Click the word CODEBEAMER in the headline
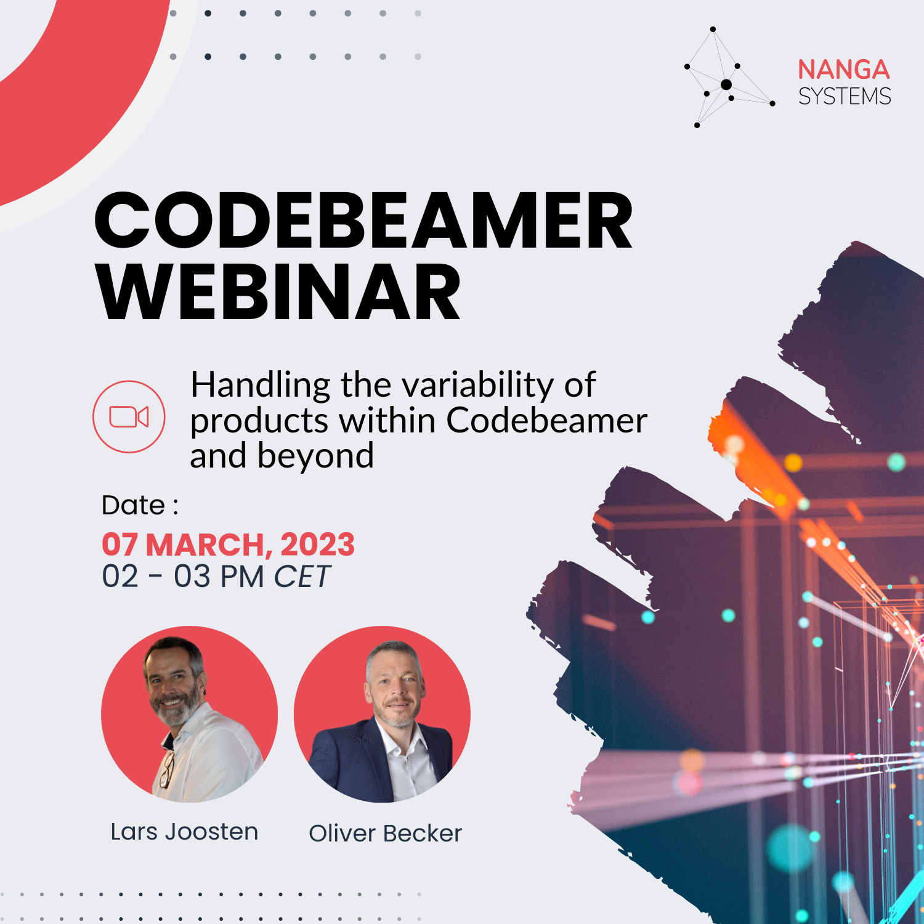coord(363,220)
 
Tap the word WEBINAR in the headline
coord(278,292)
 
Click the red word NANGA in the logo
coord(843,70)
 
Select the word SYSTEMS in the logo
coord(845,97)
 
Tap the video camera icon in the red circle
coord(129,417)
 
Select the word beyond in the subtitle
coord(315,456)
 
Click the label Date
coord(133,505)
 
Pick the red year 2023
coord(317,545)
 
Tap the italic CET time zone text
coord(302,577)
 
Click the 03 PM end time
coord(219,577)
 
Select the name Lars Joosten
coord(184,832)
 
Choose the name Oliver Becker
coord(385,833)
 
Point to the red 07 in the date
coord(120,545)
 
